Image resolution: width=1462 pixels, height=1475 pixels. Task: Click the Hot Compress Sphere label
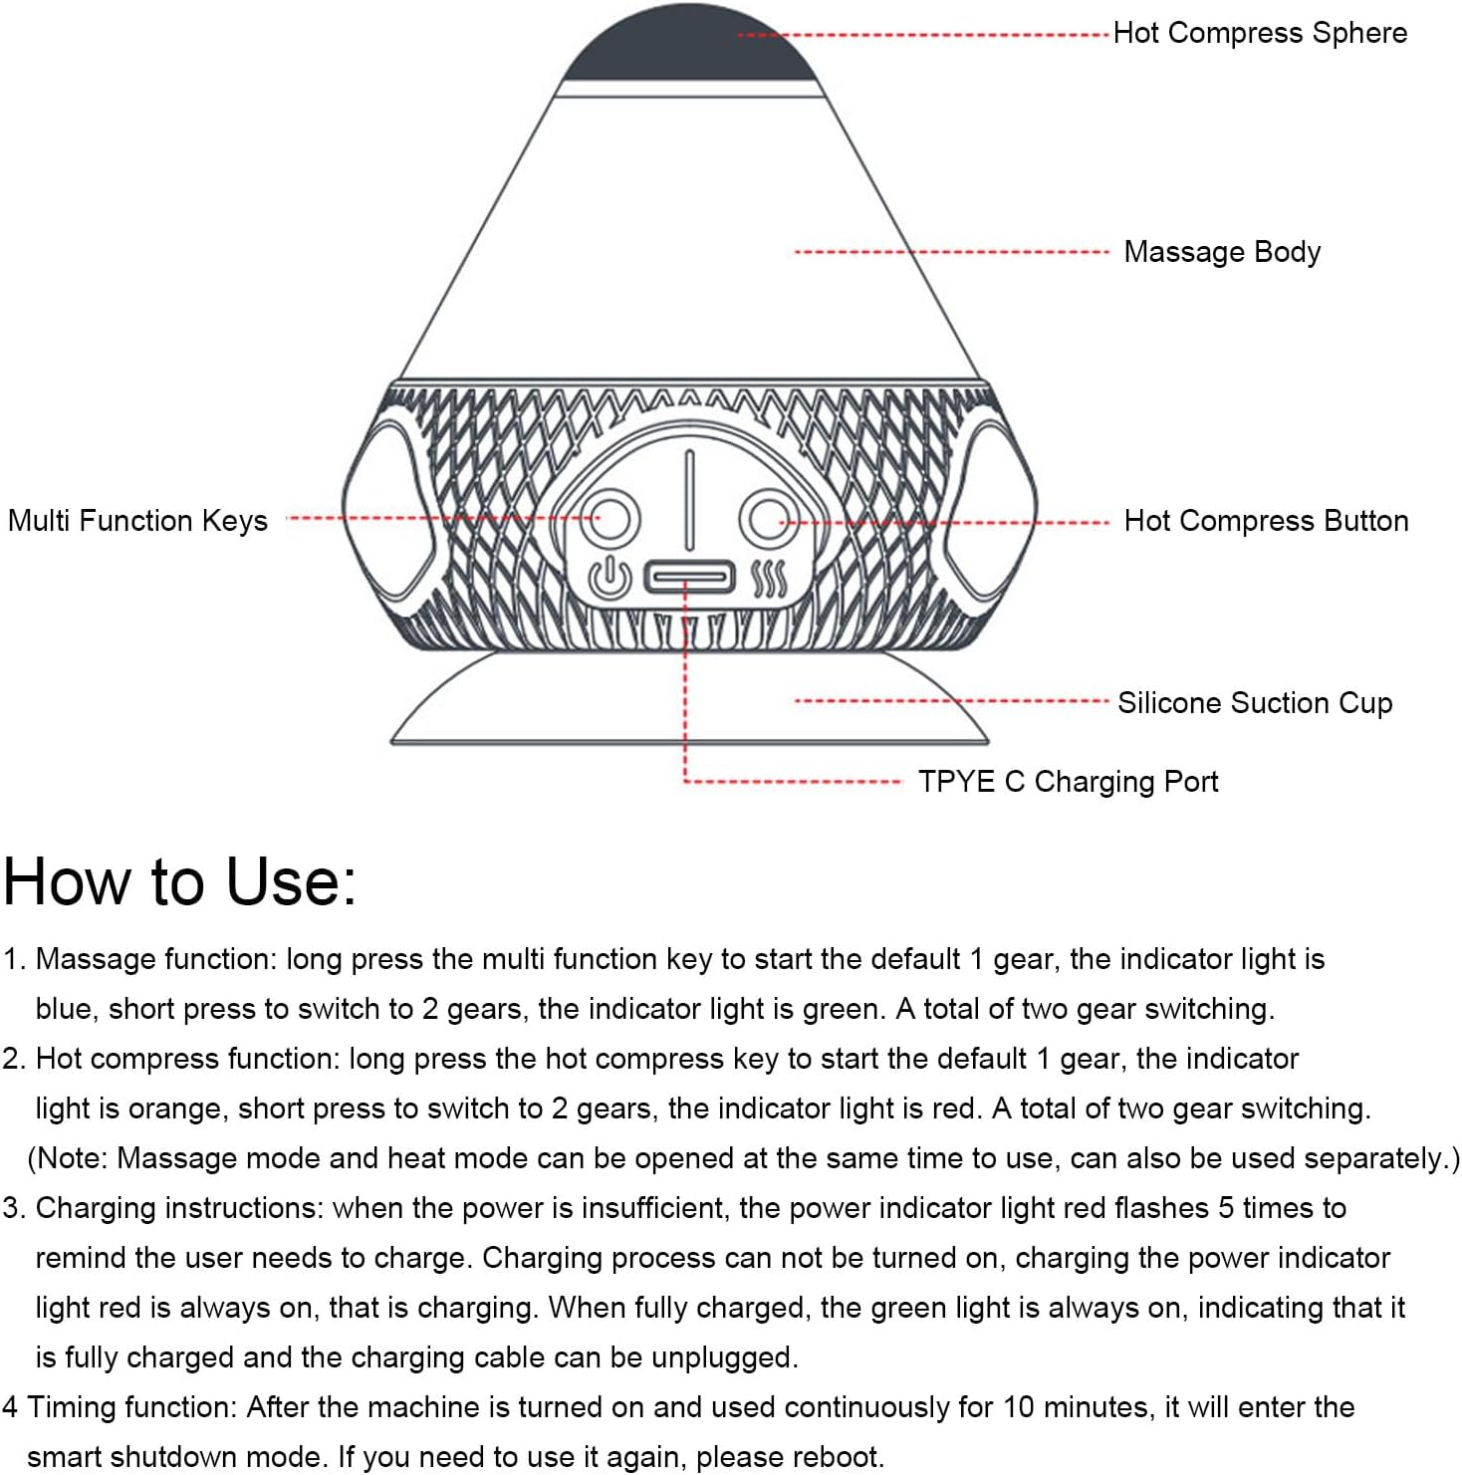pyautogui.click(x=1259, y=33)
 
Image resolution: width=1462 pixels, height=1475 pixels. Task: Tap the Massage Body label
pyautogui.click(x=1222, y=252)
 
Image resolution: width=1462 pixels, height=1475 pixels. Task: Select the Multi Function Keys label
pyautogui.click(x=137, y=521)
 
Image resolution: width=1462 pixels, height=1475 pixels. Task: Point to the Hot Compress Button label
pyautogui.click(x=1266, y=521)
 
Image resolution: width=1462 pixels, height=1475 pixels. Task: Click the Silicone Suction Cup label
pyautogui.click(x=1254, y=703)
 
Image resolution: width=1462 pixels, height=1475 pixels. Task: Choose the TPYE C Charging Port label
pyautogui.click(x=1068, y=782)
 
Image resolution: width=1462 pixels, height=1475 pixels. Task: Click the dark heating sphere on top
pyautogui.click(x=689, y=45)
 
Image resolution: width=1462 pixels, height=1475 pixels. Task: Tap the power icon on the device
pyautogui.click(x=609, y=579)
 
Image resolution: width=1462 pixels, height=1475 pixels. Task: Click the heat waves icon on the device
pyautogui.click(x=769, y=579)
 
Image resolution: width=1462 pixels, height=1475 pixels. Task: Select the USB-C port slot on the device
pyautogui.click(x=689, y=577)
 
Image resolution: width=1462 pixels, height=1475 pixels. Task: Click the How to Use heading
pyautogui.click(x=179, y=882)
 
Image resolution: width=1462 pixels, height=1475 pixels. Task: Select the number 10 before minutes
pyautogui.click(x=1018, y=1407)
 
